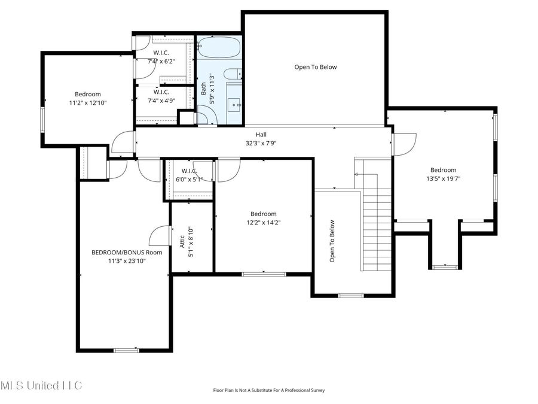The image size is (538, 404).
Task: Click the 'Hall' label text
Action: tap(261, 135)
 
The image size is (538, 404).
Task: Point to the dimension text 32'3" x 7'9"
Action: tap(261, 143)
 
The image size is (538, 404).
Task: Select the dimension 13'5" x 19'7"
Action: tap(443, 178)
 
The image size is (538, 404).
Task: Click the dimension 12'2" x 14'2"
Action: tap(263, 223)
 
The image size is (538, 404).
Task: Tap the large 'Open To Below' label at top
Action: tap(315, 67)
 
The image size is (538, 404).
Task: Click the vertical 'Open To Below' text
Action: tap(332, 241)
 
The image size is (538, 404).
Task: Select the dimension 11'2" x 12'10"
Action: tap(87, 102)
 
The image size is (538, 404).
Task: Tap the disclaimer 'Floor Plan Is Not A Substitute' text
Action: tap(268, 390)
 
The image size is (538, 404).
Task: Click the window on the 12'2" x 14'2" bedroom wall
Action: tap(263, 274)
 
